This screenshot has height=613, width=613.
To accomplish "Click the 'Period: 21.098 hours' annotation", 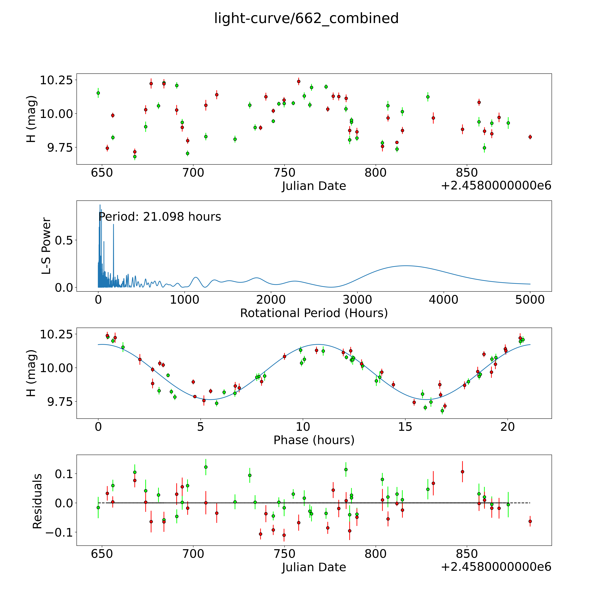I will tap(160, 217).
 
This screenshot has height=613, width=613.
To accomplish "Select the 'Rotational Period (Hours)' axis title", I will tap(314, 313).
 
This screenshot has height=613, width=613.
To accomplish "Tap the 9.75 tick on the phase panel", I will tap(59, 402).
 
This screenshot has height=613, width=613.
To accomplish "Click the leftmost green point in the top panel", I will tap(98, 93).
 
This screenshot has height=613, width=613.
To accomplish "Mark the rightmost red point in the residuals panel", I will tap(530, 521).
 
